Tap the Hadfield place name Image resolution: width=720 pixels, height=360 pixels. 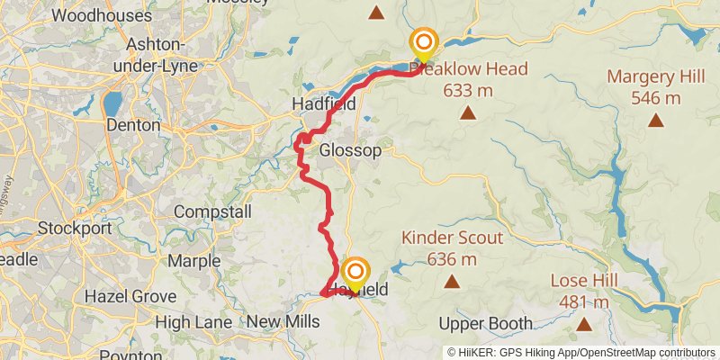324,105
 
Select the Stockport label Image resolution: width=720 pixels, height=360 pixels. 75,228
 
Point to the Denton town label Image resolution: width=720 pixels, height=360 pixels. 133,125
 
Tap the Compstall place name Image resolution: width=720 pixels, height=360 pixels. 208,211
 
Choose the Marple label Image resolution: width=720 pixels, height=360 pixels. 193,261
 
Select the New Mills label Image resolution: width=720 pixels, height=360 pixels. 283,321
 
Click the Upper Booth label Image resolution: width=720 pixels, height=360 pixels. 481,323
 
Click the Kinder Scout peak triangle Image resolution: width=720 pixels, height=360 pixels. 451,281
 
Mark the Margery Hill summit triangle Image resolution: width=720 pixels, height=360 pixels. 656,120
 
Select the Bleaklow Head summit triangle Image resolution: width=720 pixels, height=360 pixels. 467,112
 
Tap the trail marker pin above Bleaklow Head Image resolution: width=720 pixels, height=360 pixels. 425,43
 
